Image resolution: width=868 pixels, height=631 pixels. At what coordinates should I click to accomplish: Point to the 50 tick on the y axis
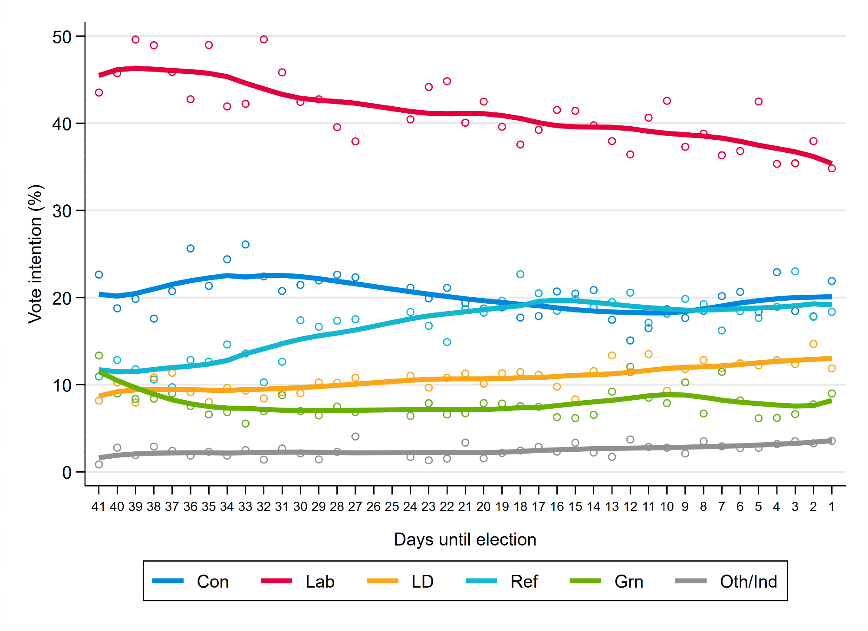[62, 37]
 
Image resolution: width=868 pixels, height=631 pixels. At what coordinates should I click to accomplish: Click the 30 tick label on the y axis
[62, 211]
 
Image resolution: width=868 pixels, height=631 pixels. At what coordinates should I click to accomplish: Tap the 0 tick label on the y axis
[67, 473]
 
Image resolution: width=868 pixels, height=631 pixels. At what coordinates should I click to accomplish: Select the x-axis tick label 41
[99, 506]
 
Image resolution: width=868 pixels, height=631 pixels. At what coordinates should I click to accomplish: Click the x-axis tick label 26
[373, 506]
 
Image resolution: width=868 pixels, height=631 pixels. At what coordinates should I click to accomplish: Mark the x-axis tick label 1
[832, 506]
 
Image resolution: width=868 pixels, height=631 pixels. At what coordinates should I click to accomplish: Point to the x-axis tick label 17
[538, 506]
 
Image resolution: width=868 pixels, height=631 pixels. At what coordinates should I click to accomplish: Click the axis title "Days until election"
[465, 539]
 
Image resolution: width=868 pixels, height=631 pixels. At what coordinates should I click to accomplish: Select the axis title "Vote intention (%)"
[36, 254]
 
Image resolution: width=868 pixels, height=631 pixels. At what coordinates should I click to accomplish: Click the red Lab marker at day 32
[263, 39]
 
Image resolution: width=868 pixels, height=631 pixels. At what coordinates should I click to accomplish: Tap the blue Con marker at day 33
[245, 244]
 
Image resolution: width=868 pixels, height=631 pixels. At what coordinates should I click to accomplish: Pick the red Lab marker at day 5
[758, 102]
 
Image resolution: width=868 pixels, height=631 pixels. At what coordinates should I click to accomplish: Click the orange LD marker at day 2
[813, 344]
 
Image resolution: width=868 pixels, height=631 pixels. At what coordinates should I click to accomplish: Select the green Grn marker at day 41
[99, 355]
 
